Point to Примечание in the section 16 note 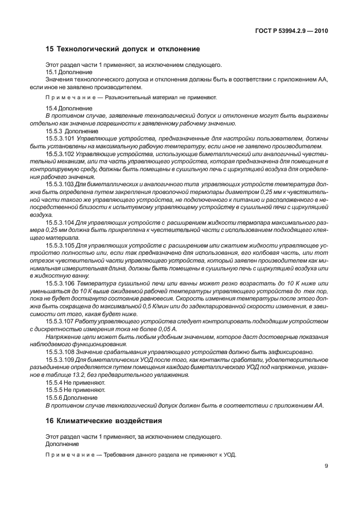[x=65, y=454]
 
